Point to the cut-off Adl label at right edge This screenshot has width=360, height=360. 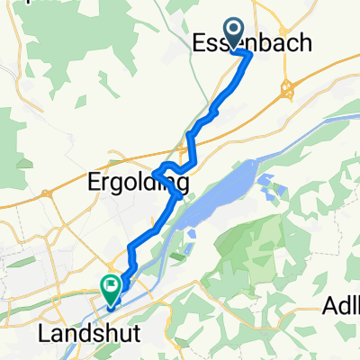click(341, 308)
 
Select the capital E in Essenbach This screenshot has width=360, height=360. click(201, 43)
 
